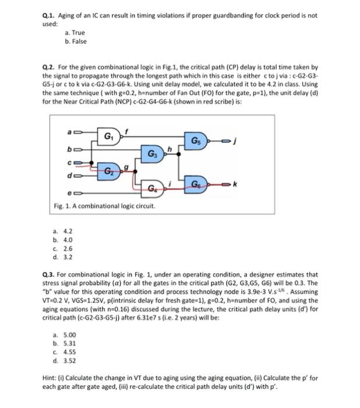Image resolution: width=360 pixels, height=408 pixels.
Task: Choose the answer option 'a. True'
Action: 74,34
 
